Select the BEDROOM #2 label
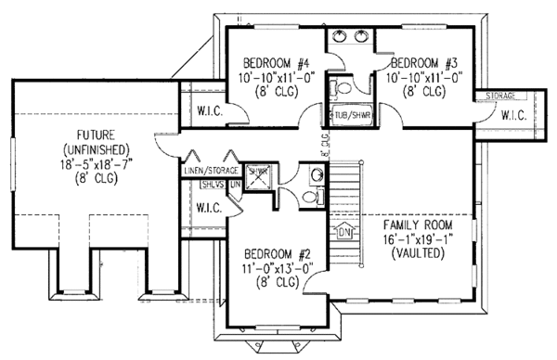277,254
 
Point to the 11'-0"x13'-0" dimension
277,268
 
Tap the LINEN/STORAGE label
212,171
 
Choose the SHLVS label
211,185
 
